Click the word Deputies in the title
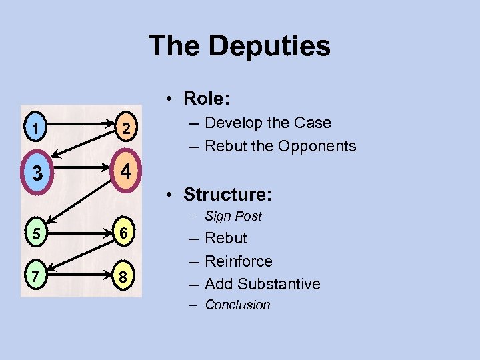(269, 46)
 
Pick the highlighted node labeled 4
(125, 171)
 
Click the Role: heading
(207, 99)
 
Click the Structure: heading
(227, 195)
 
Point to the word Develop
(233, 123)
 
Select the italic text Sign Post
(233, 216)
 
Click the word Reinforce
(239, 261)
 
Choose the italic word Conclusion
(237, 305)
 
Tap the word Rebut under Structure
(226, 238)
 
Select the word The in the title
(174, 46)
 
